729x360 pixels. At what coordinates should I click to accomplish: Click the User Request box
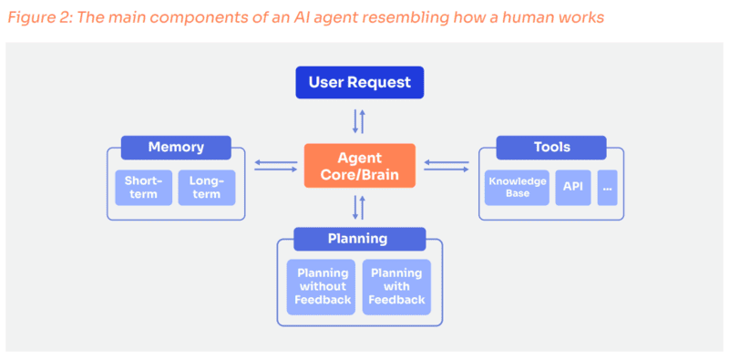[359, 83]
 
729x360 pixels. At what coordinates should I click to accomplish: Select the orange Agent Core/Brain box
[359, 166]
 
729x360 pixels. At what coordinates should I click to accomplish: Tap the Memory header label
[176, 147]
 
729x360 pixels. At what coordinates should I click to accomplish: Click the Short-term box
[143, 188]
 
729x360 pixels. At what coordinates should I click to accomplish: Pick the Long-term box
[206, 188]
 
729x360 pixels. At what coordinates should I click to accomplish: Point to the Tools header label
[551, 147]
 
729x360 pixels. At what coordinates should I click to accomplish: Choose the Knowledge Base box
[517, 187]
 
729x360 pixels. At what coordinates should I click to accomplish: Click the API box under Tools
[572, 187]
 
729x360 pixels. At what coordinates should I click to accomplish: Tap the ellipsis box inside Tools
[607, 187]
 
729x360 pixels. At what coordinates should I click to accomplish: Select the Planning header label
[358, 239]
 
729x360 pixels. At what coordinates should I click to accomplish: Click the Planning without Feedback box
[321, 287]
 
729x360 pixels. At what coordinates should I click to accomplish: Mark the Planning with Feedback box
[396, 287]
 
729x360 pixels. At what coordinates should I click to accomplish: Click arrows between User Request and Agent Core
[359, 121]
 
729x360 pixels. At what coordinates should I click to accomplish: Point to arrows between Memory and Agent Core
[276, 166]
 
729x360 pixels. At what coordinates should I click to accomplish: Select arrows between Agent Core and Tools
[447, 166]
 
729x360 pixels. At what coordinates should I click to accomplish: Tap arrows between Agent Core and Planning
[359, 208]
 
